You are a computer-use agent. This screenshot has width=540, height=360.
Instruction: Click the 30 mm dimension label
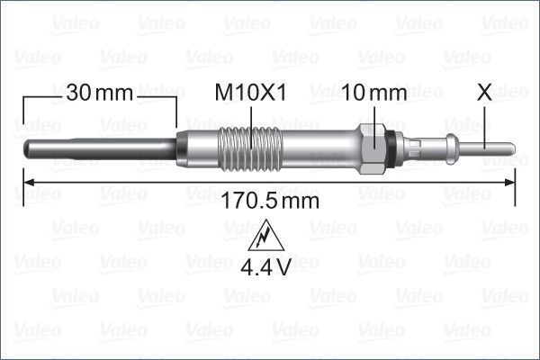click(99, 93)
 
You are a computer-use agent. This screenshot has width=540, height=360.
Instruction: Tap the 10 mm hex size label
click(374, 93)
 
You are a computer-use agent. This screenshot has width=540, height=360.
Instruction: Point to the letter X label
click(485, 93)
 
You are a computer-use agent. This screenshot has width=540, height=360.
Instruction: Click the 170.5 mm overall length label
click(269, 200)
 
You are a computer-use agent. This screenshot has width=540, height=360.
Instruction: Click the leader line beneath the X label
click(485, 121)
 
